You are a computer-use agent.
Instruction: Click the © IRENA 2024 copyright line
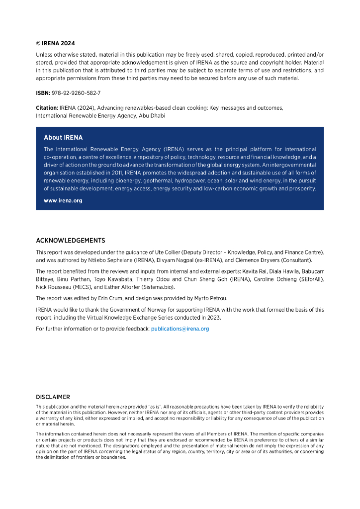(55, 43)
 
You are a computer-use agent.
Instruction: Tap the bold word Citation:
(47, 108)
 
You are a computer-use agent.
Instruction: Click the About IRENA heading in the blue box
(63, 138)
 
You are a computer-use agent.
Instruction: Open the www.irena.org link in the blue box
(63, 201)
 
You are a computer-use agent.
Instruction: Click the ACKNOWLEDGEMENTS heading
(71, 241)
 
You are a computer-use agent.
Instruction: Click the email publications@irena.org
(180, 329)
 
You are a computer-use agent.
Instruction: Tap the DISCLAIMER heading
(53, 397)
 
